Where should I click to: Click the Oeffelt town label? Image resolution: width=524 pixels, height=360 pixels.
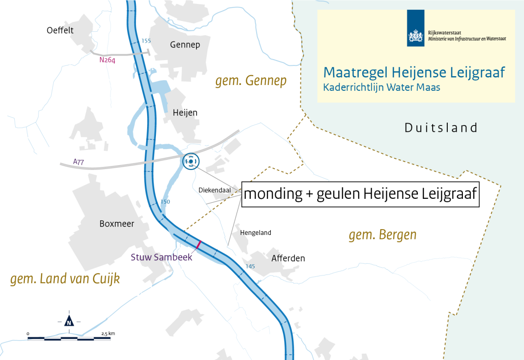click(x=60, y=30)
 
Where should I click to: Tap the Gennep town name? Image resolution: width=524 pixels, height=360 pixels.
click(x=185, y=45)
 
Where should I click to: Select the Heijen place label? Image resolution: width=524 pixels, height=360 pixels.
click(x=185, y=113)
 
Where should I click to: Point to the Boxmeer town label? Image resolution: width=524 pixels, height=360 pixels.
click(x=116, y=224)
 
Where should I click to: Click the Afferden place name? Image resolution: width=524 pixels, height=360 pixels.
click(x=288, y=258)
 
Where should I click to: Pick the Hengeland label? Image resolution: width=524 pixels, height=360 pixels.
click(x=255, y=233)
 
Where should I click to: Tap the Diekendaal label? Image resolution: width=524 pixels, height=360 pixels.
click(x=215, y=190)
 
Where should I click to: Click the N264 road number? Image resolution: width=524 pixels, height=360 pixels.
click(x=108, y=60)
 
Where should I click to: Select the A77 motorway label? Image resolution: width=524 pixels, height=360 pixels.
click(x=79, y=161)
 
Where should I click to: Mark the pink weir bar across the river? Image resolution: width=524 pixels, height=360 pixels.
click(x=198, y=245)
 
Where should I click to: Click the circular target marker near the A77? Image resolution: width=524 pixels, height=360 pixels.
click(x=190, y=161)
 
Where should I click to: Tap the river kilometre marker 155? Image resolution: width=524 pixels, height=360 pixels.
click(x=146, y=41)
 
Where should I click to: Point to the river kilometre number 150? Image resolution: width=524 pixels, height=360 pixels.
click(x=165, y=202)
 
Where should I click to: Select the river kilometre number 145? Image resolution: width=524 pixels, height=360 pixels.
click(x=250, y=266)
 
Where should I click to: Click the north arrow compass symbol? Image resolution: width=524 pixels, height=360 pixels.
click(x=69, y=321)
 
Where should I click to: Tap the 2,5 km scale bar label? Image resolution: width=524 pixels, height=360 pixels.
click(x=108, y=334)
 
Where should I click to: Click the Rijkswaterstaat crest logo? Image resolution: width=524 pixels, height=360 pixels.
click(x=415, y=30)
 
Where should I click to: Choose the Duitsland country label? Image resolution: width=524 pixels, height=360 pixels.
click(x=441, y=128)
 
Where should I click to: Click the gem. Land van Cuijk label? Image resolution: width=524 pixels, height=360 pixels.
click(x=65, y=279)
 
